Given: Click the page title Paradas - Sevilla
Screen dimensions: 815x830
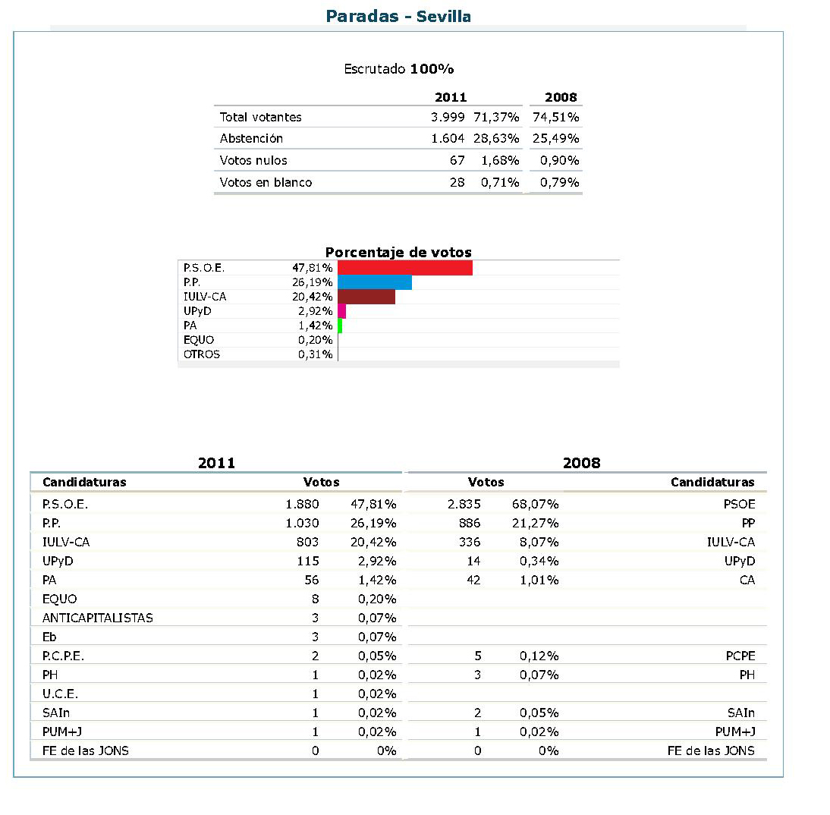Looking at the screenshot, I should coord(398,16).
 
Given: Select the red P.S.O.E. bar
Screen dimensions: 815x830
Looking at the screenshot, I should coord(405,268).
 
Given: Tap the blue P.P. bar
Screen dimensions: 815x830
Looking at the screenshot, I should coord(375,282).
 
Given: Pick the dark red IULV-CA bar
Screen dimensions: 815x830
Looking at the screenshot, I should coord(366,297).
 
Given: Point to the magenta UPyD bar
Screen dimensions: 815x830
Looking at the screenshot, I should coord(342,311).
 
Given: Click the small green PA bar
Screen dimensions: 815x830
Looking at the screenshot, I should coord(340,326).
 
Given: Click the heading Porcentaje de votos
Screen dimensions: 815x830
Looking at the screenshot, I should coord(398,253).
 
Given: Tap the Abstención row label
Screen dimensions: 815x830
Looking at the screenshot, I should coord(251,139).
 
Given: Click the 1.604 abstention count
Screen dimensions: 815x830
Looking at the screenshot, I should coord(448,139).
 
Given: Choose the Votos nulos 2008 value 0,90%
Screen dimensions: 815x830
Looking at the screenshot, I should coord(560,160).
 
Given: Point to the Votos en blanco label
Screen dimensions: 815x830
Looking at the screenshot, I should coord(266,182).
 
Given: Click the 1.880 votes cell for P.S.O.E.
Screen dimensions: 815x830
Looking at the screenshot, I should coord(302,504).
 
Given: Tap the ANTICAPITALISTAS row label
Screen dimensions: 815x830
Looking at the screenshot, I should coord(98,618).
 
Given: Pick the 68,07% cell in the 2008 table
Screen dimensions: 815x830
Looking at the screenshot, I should coord(539,504).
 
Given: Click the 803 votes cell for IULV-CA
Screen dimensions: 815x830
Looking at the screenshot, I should coord(307,542).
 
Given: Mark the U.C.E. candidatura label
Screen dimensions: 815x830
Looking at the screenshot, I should coord(61,694).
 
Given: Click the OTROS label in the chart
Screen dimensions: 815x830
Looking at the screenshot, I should coord(202,354).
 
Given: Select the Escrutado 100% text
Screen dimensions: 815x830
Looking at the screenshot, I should coord(398,69).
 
